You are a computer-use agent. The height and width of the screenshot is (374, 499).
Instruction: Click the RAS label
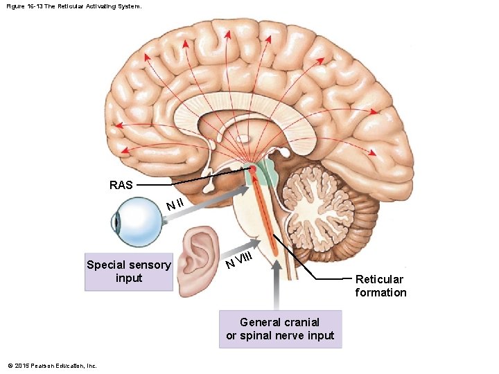click(121, 185)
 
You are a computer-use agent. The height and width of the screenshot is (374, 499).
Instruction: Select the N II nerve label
click(175, 204)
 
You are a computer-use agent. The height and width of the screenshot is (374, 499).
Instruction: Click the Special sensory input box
click(128, 271)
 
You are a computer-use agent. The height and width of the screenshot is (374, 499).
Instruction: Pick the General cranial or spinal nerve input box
click(280, 329)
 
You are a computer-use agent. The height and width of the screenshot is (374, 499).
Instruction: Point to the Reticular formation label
click(380, 286)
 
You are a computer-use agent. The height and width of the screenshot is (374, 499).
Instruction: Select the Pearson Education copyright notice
click(52, 366)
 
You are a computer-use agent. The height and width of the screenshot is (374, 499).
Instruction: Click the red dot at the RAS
click(253, 169)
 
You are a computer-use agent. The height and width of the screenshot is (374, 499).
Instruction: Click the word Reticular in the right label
click(379, 280)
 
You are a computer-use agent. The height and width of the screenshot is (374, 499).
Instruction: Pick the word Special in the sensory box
click(106, 265)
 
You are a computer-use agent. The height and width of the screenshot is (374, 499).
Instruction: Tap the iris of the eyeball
click(116, 222)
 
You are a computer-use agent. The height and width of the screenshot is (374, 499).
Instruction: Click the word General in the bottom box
click(261, 322)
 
